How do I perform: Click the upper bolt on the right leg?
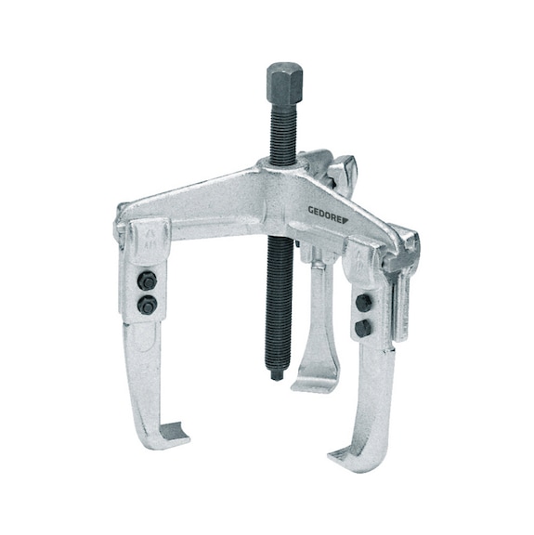(x=364, y=303)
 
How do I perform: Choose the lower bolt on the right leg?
(x=362, y=328)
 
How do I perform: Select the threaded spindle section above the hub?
(x=280, y=130)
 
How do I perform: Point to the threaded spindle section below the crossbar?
(x=276, y=297)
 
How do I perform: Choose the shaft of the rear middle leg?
(x=312, y=316)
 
